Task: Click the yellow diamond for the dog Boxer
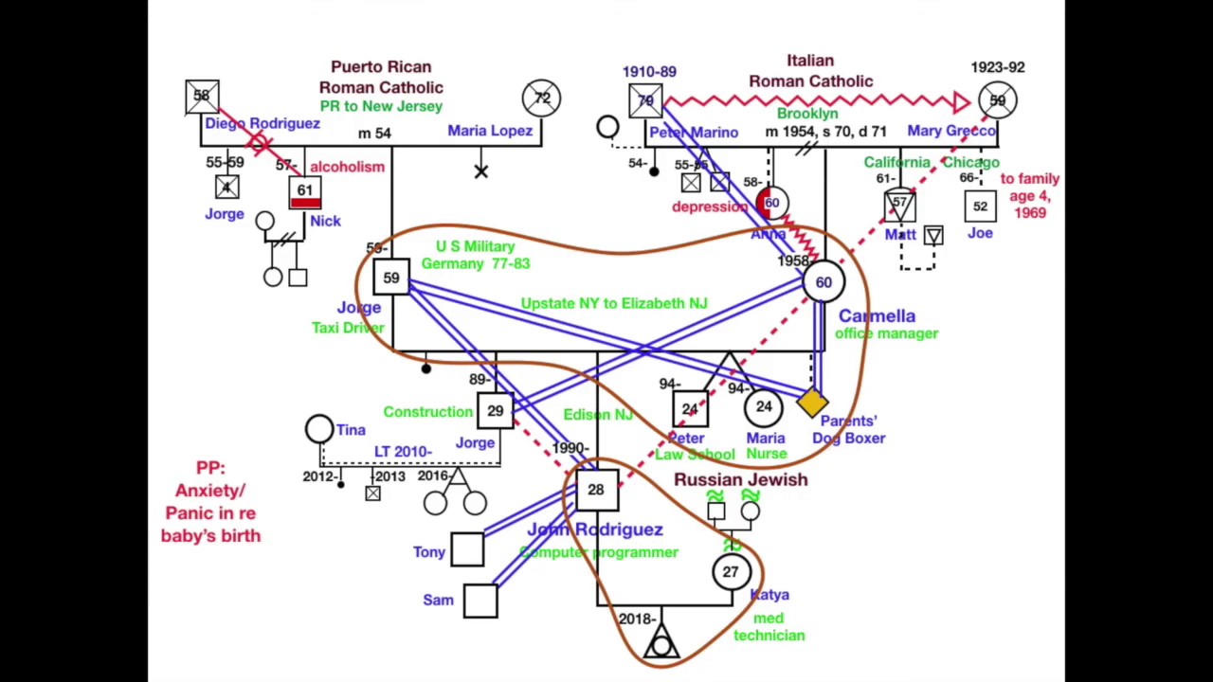coord(811,404)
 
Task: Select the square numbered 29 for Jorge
coord(495,411)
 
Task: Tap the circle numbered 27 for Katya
coord(731,572)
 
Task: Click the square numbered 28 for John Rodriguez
coord(595,490)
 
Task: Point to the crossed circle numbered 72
coord(541,98)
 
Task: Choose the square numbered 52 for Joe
coord(980,206)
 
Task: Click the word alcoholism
coord(347,167)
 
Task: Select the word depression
coord(710,206)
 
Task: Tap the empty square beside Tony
coord(467,550)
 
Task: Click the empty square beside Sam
coord(480,601)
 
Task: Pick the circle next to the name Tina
coord(319,429)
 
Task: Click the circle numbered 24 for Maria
coord(763,407)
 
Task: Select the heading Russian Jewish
coord(740,479)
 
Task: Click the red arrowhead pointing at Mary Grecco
coord(961,101)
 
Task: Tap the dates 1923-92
coord(997,67)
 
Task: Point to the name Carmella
coord(877,315)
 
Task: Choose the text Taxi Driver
coord(348,328)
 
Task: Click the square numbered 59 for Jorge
coord(391,278)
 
